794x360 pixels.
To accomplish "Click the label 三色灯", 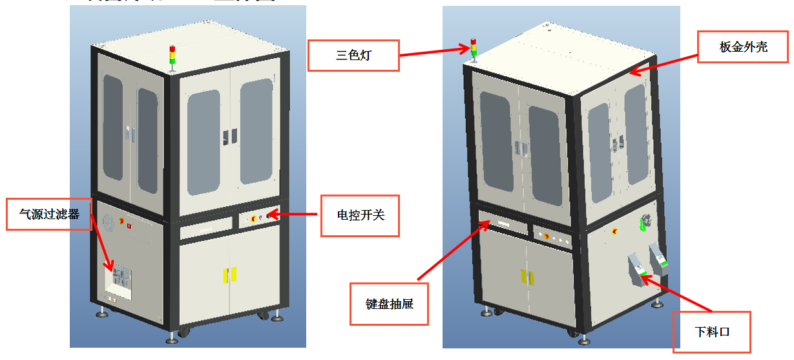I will (353, 56).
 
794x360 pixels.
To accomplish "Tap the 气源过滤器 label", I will (49, 215).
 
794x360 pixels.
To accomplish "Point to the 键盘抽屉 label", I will (389, 303).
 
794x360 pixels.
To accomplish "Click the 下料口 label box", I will (712, 332).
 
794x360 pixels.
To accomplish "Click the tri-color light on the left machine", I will (172, 56).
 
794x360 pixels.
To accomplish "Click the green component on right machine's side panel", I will (642, 224).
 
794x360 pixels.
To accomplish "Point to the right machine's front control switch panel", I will (553, 237).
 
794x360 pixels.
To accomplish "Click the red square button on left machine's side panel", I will (129, 226).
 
